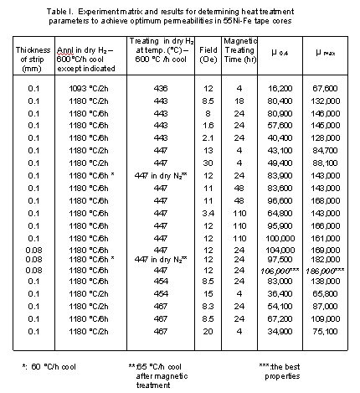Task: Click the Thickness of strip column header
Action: coord(33,56)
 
